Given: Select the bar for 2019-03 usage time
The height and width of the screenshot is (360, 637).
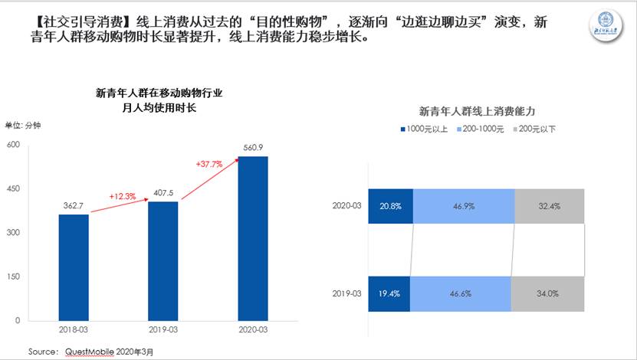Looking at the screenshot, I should (x=163, y=260).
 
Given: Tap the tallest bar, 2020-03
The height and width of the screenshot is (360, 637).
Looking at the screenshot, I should (x=252, y=237).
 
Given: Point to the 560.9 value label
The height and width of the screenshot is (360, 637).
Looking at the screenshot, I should (x=252, y=147).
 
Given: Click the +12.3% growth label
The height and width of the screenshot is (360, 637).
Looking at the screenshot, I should (x=122, y=197).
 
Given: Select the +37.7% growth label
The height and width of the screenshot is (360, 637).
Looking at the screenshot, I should (x=209, y=163).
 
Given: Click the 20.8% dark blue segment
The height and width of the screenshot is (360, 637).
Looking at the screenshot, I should (x=390, y=206).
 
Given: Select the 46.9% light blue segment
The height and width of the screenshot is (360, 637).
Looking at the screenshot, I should (x=463, y=206).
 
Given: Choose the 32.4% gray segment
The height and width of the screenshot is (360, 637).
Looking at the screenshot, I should (x=549, y=206).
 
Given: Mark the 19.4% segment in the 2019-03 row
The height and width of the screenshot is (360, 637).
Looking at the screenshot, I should (x=389, y=293).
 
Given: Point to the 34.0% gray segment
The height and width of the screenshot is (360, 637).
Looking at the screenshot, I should (x=547, y=293).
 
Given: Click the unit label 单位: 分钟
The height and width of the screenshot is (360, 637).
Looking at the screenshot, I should (x=23, y=125).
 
